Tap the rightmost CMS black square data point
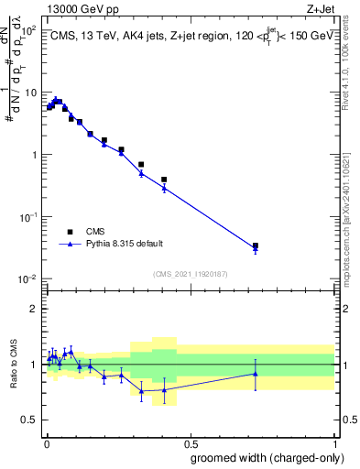[256, 245]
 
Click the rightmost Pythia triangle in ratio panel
[256, 373]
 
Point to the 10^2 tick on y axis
[30, 31]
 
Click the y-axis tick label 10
[30, 93]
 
